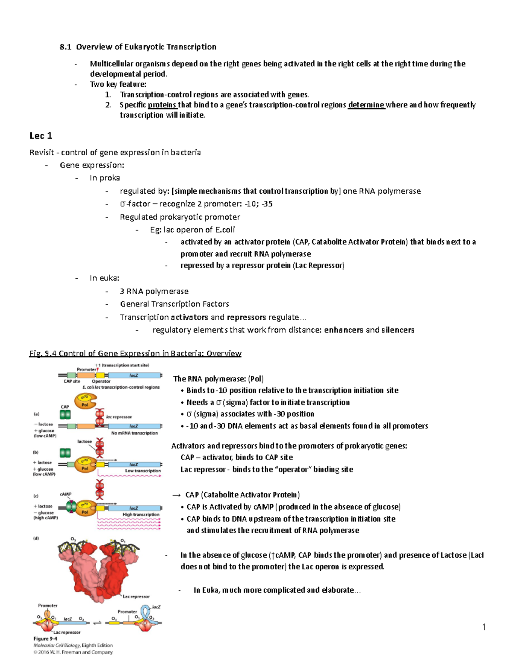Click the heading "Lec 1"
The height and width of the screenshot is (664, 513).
pos(41,136)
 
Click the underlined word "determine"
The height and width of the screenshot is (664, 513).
pos(366,105)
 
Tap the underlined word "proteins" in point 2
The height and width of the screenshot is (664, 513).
pos(162,105)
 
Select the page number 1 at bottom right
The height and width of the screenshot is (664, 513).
pos(484,627)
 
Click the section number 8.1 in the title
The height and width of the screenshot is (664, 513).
pos(65,47)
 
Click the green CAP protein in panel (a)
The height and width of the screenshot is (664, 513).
pos(65,414)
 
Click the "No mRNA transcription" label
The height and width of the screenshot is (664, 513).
pos(134,433)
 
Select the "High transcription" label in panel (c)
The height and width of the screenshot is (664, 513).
pos(141,514)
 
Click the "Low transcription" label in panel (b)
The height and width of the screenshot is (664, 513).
pos(143,470)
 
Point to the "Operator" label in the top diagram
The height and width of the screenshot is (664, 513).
pos(101,381)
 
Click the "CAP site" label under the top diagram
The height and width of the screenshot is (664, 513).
pos(71,381)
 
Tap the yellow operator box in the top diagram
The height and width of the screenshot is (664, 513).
pos(101,375)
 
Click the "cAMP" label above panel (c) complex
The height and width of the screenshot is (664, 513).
pos(65,494)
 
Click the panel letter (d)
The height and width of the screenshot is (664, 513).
pos(36,538)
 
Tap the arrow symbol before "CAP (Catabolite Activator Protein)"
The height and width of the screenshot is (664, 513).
pos(176,495)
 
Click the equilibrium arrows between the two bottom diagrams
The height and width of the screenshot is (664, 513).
pos(97,623)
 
